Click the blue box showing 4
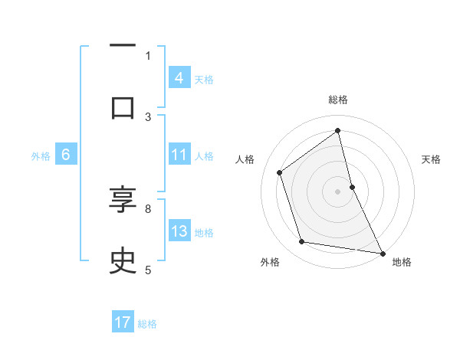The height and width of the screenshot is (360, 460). [x=179, y=77]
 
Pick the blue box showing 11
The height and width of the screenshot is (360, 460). [x=179, y=154]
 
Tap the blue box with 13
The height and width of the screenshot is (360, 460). [x=179, y=231]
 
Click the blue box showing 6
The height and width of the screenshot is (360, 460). [x=66, y=155]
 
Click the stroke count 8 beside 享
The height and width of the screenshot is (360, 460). [x=148, y=208]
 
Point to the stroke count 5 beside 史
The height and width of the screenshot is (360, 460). [x=148, y=269]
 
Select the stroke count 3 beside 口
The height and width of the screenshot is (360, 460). [x=148, y=116]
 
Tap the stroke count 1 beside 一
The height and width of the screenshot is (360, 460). [x=148, y=55]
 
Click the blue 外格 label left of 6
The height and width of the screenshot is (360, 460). [x=41, y=155]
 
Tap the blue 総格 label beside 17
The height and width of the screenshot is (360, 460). [x=147, y=323]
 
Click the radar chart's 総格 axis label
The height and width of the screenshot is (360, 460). [x=338, y=100]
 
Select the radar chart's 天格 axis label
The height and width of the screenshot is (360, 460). [x=432, y=159]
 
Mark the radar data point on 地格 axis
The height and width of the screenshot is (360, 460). [x=382, y=252]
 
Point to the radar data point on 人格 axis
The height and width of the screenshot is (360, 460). [x=280, y=172]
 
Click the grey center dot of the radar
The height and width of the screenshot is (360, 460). [x=338, y=191]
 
